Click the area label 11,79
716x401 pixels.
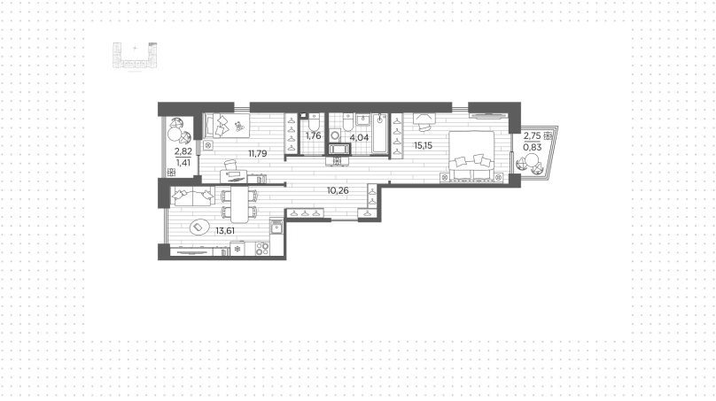point(258,154)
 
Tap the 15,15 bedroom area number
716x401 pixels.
point(423,145)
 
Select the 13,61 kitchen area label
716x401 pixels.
point(225,231)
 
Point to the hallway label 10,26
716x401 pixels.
point(338,190)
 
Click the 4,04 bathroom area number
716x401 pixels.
point(359,137)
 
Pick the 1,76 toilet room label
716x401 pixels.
point(314,136)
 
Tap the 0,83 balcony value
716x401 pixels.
point(533,147)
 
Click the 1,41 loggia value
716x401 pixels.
point(183,162)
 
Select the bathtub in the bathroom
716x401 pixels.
point(379,133)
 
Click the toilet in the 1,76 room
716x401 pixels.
point(314,122)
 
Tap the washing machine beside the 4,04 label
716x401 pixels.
point(336,135)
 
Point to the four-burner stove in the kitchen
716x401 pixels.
point(262,249)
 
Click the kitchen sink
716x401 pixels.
point(276,227)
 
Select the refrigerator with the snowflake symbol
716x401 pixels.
point(237,249)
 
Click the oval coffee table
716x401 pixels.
point(198,227)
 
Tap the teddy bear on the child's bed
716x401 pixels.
point(238,125)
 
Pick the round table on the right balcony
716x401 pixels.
point(532,161)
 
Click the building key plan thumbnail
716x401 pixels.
point(135,57)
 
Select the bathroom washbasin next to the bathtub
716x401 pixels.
point(363,120)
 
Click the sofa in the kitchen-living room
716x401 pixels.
point(192,196)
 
